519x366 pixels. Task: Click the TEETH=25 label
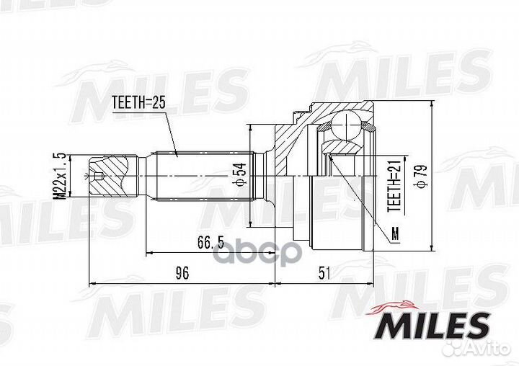click(x=139, y=104)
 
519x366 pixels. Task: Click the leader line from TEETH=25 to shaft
click(x=170, y=133)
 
